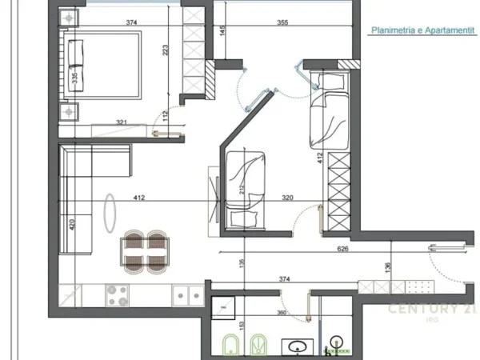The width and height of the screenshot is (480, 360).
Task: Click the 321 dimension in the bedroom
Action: pos(122,122)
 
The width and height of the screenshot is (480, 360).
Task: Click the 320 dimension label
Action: pos(286,197)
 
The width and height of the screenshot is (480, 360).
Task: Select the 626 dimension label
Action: pos(342,250)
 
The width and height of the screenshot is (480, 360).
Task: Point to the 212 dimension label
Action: pos(241,190)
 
